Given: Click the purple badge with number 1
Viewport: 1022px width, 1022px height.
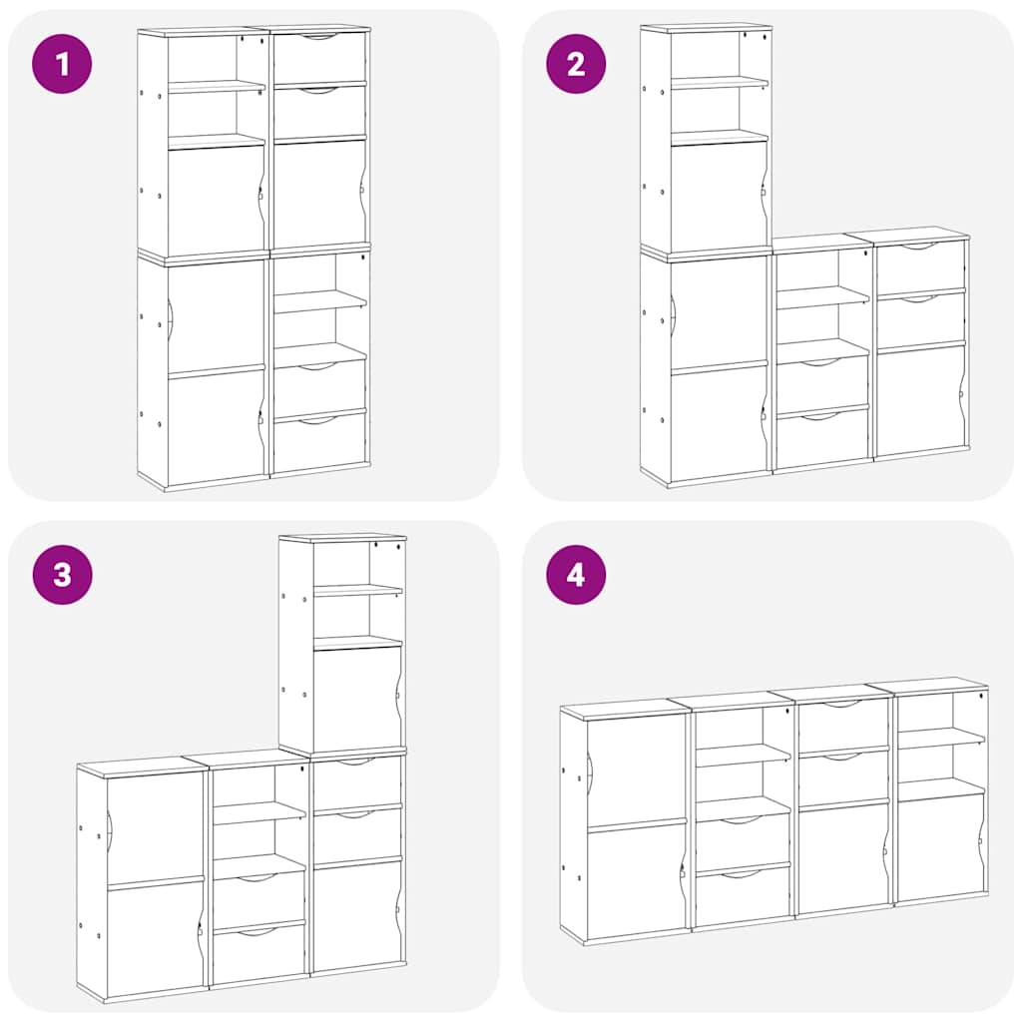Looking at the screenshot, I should click(x=62, y=64).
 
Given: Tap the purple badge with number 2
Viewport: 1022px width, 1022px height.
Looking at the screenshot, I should click(x=576, y=64).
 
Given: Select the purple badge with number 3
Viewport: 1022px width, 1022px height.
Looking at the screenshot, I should click(x=62, y=575).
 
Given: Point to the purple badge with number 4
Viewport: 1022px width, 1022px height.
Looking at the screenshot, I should click(x=576, y=575).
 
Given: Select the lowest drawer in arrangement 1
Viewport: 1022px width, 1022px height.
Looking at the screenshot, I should click(x=319, y=442).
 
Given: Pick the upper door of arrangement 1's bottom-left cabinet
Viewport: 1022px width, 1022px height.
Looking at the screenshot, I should click(x=216, y=316).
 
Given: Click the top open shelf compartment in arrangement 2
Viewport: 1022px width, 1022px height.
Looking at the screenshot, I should click(x=719, y=56).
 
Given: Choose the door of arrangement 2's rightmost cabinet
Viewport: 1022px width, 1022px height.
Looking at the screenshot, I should click(x=920, y=399).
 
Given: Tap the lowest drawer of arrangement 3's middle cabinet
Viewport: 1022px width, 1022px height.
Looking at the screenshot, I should click(x=259, y=953).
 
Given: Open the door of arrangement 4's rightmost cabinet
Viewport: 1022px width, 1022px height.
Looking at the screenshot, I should click(x=940, y=846).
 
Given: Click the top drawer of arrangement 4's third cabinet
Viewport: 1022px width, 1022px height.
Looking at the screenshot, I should click(x=843, y=725).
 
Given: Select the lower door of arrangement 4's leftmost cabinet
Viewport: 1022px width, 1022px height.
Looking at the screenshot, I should click(x=635, y=881).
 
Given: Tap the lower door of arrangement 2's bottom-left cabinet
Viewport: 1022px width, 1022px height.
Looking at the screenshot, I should click(x=719, y=424).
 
